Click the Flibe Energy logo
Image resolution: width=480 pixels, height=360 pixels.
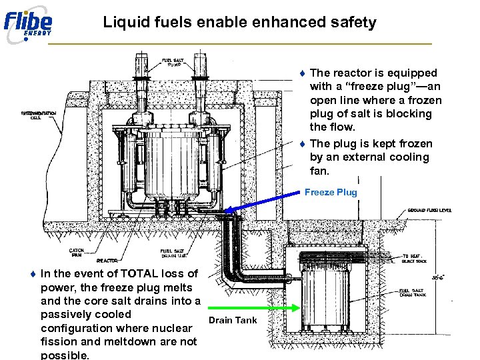click(x=28, y=24)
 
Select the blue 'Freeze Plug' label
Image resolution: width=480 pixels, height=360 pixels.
click(x=331, y=193)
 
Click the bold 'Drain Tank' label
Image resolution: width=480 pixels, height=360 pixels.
click(x=233, y=321)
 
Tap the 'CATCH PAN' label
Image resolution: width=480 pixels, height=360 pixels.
click(x=76, y=253)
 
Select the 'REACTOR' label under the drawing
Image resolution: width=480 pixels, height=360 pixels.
click(x=107, y=261)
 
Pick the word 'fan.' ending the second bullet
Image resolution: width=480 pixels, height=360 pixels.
click(x=320, y=171)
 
